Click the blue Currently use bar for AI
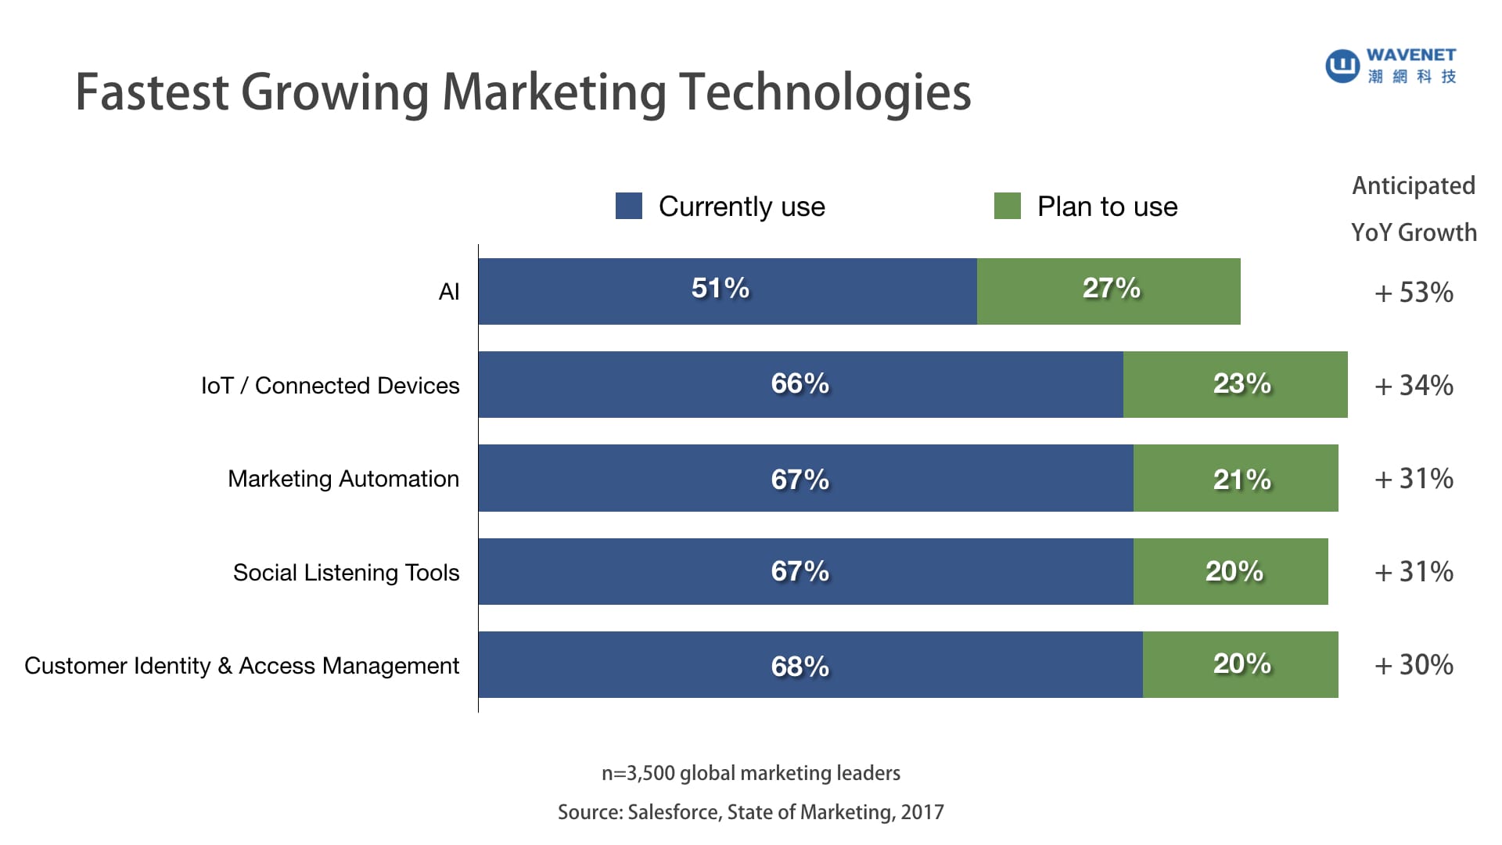click(728, 291)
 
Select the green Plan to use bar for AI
click(1109, 291)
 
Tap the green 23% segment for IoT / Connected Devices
click(1235, 384)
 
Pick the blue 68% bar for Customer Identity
click(810, 664)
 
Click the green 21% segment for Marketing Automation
click(1235, 478)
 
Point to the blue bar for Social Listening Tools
click(806, 571)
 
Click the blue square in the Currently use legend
click(629, 206)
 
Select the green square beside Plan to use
click(1007, 206)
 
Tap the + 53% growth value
click(1414, 293)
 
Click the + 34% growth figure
click(1414, 386)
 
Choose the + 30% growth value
click(1414, 665)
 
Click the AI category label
click(449, 292)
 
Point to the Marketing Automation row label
click(343, 479)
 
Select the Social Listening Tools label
click(346, 573)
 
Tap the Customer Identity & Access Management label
click(242, 666)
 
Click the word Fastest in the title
click(152, 92)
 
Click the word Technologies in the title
click(825, 92)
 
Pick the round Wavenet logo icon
click(1342, 65)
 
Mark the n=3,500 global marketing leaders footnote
click(751, 773)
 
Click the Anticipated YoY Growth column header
click(1414, 209)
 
